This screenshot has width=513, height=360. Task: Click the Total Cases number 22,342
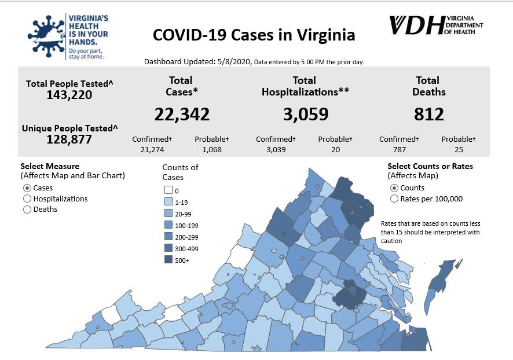(x=182, y=115)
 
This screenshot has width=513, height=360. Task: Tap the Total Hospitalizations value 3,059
(x=305, y=115)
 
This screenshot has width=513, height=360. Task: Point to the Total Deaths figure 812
(x=428, y=115)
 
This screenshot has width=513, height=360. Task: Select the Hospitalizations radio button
(x=27, y=199)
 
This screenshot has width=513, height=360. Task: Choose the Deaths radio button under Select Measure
(x=27, y=210)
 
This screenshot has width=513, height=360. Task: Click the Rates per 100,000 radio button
(x=394, y=199)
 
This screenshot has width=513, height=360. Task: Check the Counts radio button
(x=394, y=188)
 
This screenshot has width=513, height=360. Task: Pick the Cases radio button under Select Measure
(x=27, y=188)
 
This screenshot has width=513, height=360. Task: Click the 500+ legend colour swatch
(x=168, y=260)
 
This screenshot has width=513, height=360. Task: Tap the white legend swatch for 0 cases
(x=168, y=190)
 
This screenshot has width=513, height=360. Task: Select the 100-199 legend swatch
(x=168, y=225)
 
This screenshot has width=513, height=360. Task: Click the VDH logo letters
(x=415, y=25)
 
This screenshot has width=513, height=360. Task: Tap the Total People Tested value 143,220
(x=69, y=95)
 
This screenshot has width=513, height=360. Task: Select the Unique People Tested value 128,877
(x=69, y=139)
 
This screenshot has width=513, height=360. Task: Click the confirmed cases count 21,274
(x=153, y=149)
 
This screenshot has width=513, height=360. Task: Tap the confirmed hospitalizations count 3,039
(x=276, y=149)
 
